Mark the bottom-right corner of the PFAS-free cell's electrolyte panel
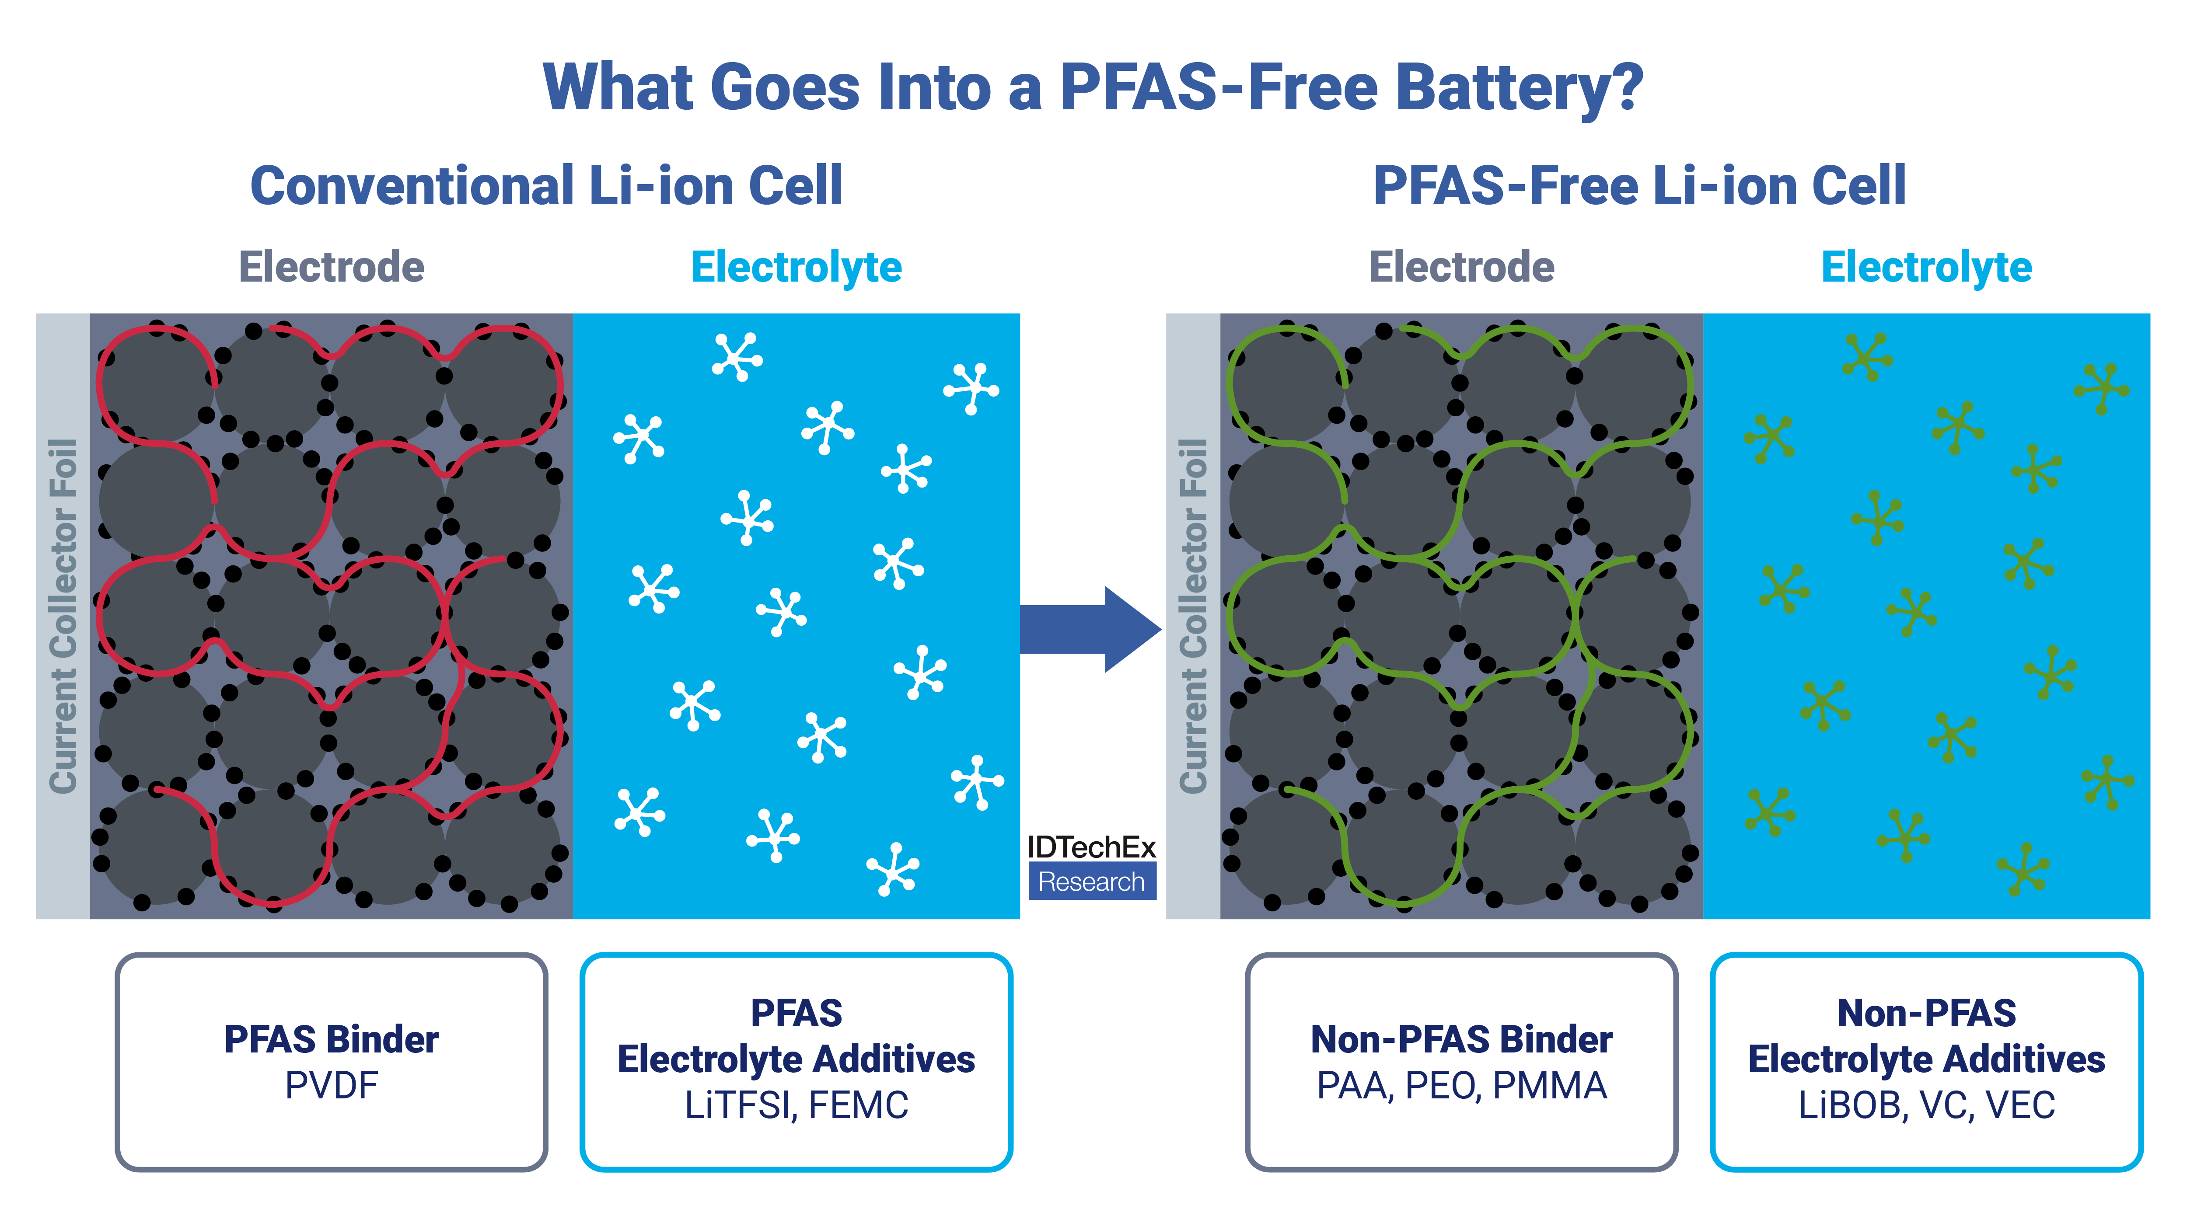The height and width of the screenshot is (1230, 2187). coord(2150,919)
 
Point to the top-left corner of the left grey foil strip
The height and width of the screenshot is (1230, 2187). coord(36,314)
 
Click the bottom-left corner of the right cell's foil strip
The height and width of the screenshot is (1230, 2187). coord(1167,919)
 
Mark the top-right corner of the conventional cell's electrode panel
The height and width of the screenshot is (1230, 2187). coord(573,314)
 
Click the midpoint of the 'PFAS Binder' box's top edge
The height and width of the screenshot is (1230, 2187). coord(331,955)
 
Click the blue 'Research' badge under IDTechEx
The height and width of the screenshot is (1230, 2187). coord(1092,881)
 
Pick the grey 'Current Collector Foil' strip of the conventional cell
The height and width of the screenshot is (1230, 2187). coord(63,616)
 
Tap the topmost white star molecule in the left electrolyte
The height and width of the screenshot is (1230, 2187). coord(737,356)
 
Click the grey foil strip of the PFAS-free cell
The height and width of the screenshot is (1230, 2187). coord(1194,616)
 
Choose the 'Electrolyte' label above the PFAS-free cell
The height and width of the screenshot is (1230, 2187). coord(1926,268)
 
